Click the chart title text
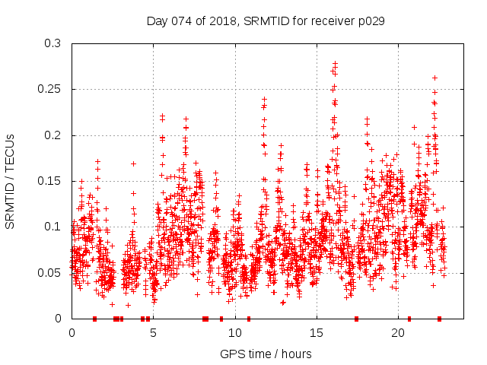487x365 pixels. (266, 21)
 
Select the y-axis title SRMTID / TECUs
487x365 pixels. (11, 182)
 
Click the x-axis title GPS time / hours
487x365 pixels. (266, 354)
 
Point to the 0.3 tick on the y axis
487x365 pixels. (52, 43)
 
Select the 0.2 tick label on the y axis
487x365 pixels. (52, 135)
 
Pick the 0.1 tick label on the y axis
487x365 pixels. (52, 227)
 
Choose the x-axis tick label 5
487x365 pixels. (153, 333)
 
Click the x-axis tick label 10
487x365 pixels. (234, 333)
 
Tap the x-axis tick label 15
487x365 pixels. (316, 333)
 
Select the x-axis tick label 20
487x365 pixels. (397, 333)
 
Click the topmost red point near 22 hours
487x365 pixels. (434, 78)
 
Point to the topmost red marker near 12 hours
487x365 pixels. (264, 99)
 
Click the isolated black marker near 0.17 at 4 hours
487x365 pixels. (133, 163)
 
